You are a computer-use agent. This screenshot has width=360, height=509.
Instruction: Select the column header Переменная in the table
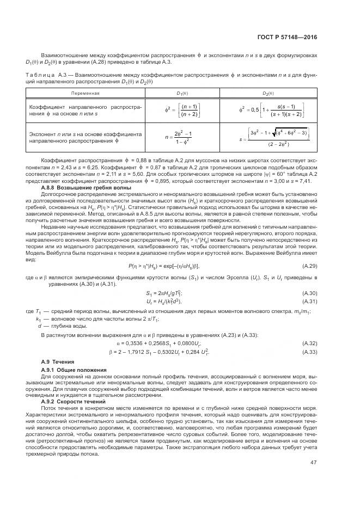[85, 93]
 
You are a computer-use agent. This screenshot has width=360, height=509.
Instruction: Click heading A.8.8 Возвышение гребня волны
[82, 187]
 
